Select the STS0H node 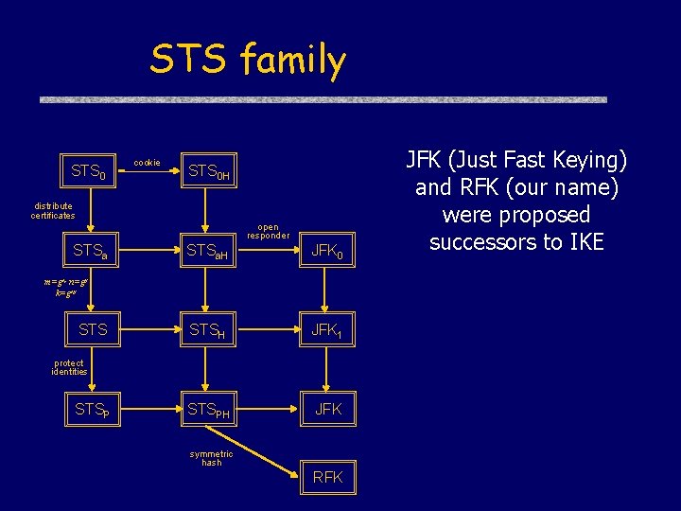point(209,172)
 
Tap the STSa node point(91,252)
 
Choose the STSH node point(207,330)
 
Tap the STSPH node point(209,410)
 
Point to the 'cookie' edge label point(147,164)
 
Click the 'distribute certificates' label point(53,211)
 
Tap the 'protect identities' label point(69,367)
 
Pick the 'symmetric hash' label point(211,458)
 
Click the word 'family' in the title point(293,61)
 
